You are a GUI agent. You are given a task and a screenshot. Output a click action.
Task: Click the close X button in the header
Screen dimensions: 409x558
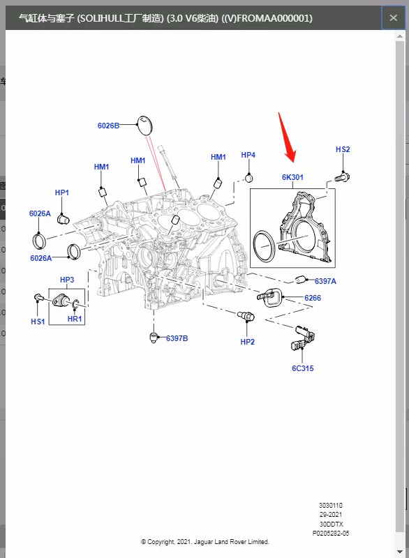coord(393,18)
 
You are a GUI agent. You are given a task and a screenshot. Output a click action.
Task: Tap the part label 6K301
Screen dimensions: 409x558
coord(292,177)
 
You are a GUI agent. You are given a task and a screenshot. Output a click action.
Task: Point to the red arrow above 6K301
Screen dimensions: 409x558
coord(288,137)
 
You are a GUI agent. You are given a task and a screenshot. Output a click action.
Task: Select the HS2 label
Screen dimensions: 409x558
coord(343,149)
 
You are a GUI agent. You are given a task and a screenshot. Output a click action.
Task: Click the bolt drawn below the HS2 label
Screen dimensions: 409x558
coord(343,176)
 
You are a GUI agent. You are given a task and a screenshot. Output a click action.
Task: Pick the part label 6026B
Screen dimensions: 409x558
coord(108,126)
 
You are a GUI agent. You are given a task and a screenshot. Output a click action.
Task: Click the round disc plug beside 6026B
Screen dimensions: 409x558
coord(144,126)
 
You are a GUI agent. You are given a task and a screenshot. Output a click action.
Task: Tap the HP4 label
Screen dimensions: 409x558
coord(248,155)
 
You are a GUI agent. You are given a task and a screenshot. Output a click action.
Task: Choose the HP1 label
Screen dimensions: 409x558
coord(62,193)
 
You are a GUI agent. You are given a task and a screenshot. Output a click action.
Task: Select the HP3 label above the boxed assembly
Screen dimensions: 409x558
coord(67,280)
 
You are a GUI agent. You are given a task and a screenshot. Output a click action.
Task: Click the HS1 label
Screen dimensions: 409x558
coord(38,322)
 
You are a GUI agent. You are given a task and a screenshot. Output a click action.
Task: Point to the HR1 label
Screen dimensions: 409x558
coord(75,319)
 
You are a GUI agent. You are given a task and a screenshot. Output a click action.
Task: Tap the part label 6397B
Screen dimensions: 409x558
coord(177,338)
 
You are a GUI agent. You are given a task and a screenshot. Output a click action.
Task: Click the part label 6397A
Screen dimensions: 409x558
coord(325,281)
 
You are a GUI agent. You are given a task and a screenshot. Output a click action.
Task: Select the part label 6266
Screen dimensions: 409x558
coord(313,298)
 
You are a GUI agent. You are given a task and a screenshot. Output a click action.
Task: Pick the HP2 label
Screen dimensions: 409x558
coord(247,342)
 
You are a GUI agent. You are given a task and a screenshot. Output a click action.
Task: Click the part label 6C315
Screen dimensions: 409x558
coord(303,368)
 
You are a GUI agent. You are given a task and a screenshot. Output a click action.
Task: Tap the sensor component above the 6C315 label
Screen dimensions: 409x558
coord(303,338)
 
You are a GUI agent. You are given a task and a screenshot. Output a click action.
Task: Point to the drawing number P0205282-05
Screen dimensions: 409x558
coord(331,534)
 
